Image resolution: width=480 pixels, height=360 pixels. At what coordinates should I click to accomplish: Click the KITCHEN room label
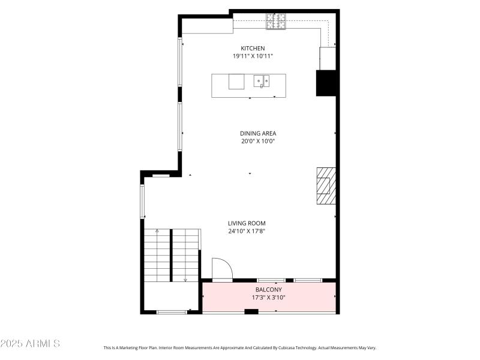[x=253, y=49]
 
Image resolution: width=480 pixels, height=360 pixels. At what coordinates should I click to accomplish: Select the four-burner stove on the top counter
[x=277, y=22]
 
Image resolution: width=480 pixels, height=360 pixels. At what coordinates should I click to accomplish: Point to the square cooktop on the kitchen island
[x=236, y=82]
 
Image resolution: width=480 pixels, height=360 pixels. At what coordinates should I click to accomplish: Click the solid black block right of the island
[x=326, y=83]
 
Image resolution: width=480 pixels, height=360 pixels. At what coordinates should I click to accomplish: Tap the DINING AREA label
[x=258, y=134]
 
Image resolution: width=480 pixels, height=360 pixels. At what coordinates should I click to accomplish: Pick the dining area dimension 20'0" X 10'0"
[x=258, y=142]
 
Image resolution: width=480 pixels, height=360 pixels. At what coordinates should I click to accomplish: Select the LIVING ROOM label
[x=247, y=223]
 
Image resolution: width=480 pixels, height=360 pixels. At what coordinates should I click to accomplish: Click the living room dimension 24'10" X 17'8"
[x=247, y=231]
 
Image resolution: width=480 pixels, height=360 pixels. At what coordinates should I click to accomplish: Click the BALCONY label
[x=268, y=289]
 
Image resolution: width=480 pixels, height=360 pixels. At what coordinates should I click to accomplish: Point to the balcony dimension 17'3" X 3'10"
[x=268, y=297]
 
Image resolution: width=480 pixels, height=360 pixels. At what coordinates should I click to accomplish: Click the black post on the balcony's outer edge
[x=251, y=311]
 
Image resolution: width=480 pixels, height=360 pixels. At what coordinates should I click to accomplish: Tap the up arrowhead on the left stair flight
[x=157, y=230]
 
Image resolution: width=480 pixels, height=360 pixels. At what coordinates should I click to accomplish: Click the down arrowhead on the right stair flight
[x=185, y=280]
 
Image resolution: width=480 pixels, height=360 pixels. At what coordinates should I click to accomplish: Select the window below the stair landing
[x=172, y=311]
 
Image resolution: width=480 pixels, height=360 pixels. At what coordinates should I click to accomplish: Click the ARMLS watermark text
[x=30, y=344]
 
